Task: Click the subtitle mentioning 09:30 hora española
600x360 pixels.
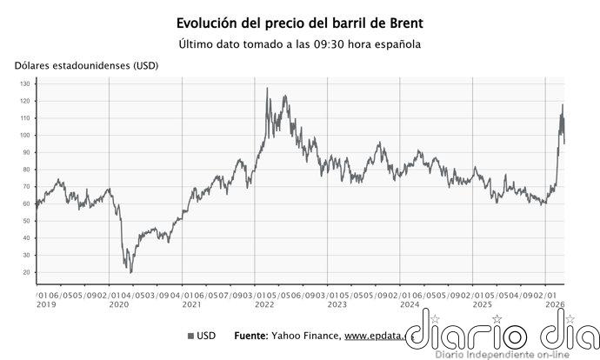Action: point(299,44)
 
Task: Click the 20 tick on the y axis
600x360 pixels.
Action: point(27,272)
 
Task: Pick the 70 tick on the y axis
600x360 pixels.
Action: point(27,187)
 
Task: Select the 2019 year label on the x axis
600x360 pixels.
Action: point(46,305)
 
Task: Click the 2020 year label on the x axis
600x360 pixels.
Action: point(118,305)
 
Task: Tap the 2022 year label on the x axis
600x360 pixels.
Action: point(263,305)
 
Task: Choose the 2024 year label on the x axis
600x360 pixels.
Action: point(409,305)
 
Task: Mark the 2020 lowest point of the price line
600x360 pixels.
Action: point(131,272)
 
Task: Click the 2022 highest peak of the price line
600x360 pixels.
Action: point(266,89)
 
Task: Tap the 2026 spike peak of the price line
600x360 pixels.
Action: point(562,105)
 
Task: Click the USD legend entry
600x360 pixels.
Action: point(202,336)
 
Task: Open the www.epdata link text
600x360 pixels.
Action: point(376,336)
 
